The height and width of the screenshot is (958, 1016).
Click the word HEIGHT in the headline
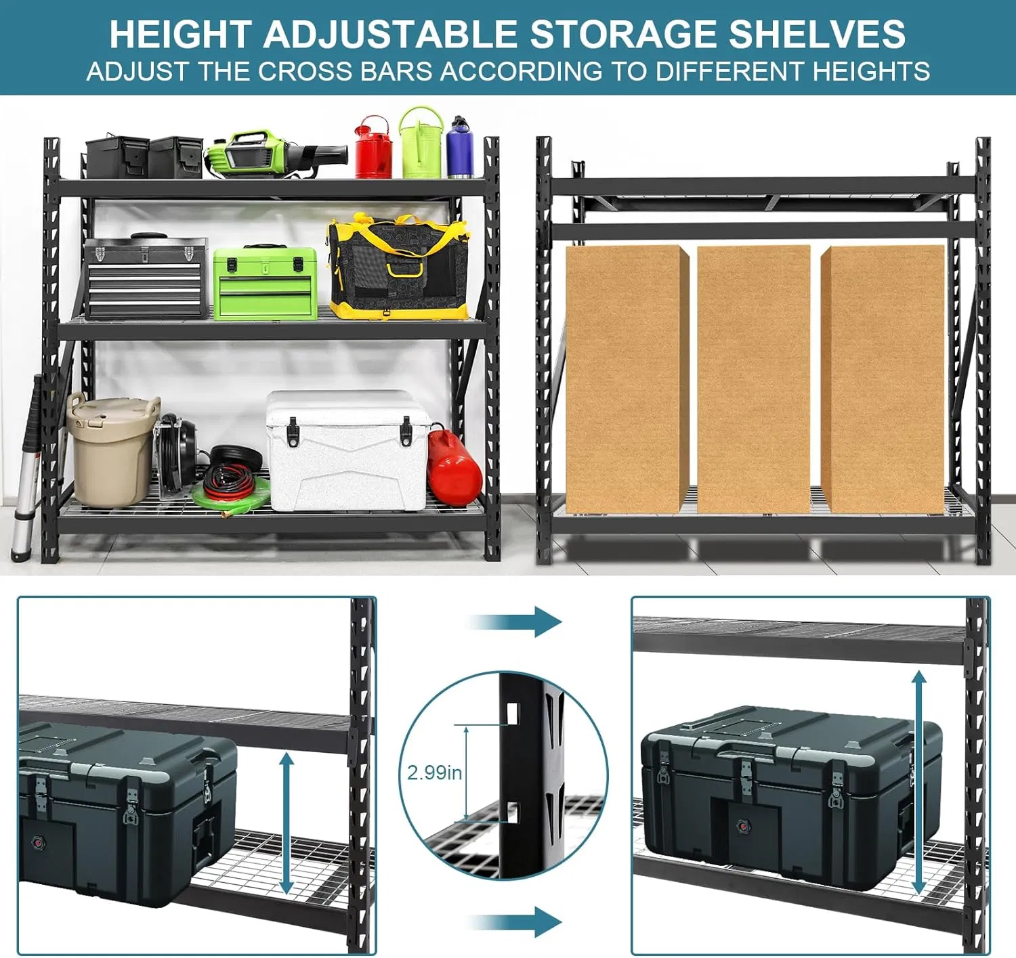(180, 35)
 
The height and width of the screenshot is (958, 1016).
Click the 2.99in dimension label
(434, 772)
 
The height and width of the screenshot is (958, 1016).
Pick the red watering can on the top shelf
(373, 149)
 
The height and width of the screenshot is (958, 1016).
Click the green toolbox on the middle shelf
(265, 283)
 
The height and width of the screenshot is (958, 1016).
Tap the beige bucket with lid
(112, 450)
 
